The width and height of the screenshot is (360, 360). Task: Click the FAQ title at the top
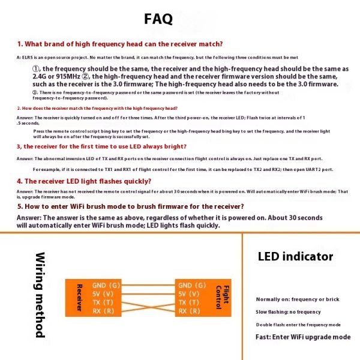tap(158, 19)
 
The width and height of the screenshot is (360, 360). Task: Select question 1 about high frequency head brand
tap(120, 44)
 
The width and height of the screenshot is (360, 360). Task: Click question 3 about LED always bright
tap(101, 146)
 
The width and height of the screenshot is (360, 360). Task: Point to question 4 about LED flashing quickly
tap(84, 181)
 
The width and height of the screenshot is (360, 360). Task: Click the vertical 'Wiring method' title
tap(40, 295)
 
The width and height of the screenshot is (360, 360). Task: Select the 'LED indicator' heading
tap(295, 257)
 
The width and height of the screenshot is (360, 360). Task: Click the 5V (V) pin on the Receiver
tap(101, 294)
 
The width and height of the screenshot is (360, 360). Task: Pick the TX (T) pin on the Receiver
tap(101, 302)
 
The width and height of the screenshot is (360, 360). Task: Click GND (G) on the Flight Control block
tap(193, 286)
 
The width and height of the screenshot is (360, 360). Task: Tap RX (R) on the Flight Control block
tap(190, 311)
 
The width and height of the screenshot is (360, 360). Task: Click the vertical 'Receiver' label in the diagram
tap(79, 298)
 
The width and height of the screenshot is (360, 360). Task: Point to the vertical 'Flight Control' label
tap(221, 298)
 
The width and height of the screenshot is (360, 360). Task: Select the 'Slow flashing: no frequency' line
tap(288, 312)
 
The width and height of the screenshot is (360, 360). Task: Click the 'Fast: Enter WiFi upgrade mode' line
tap(303, 337)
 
